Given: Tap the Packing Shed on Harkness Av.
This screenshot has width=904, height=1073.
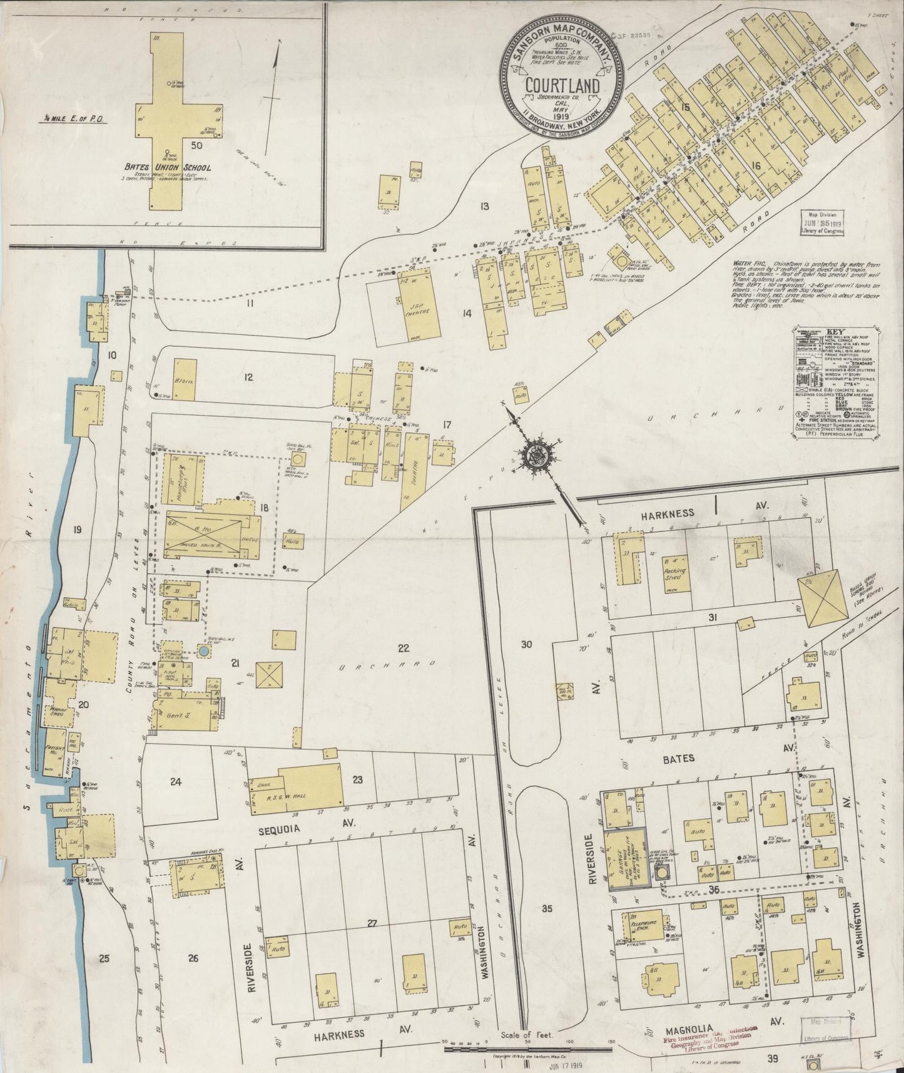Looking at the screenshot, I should point(675,573).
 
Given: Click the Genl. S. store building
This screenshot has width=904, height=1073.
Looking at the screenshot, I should point(185,717).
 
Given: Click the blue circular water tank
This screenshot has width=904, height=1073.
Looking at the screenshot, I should point(203,652).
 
